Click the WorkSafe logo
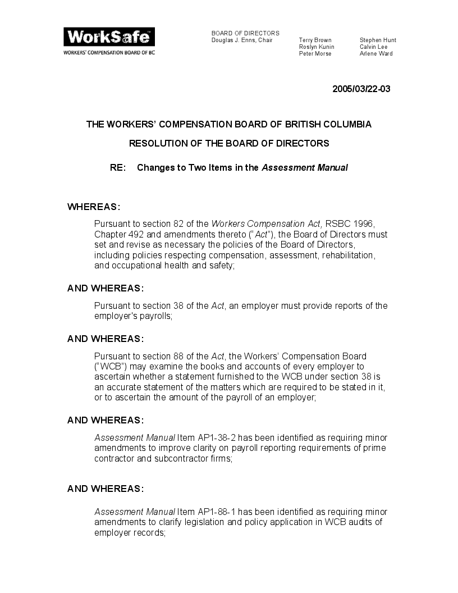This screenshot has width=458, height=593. (x=109, y=37)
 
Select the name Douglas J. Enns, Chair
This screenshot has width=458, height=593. (x=242, y=40)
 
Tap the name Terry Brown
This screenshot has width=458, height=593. (x=315, y=40)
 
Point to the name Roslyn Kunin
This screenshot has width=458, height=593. (x=317, y=47)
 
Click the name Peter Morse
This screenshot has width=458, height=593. (x=315, y=54)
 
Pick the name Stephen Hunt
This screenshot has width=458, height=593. (x=378, y=40)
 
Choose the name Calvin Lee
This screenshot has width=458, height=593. (x=374, y=47)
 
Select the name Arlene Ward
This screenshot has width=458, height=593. (x=376, y=54)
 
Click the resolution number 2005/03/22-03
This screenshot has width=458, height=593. (x=361, y=89)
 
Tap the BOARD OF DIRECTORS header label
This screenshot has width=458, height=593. (x=245, y=34)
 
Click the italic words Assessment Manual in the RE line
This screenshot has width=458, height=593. (x=305, y=167)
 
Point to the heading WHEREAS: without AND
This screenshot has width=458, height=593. (x=94, y=207)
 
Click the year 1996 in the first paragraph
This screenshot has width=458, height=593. (x=364, y=224)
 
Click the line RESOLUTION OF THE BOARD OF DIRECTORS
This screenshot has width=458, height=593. (x=229, y=143)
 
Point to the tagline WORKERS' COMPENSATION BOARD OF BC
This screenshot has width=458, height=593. (x=109, y=52)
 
